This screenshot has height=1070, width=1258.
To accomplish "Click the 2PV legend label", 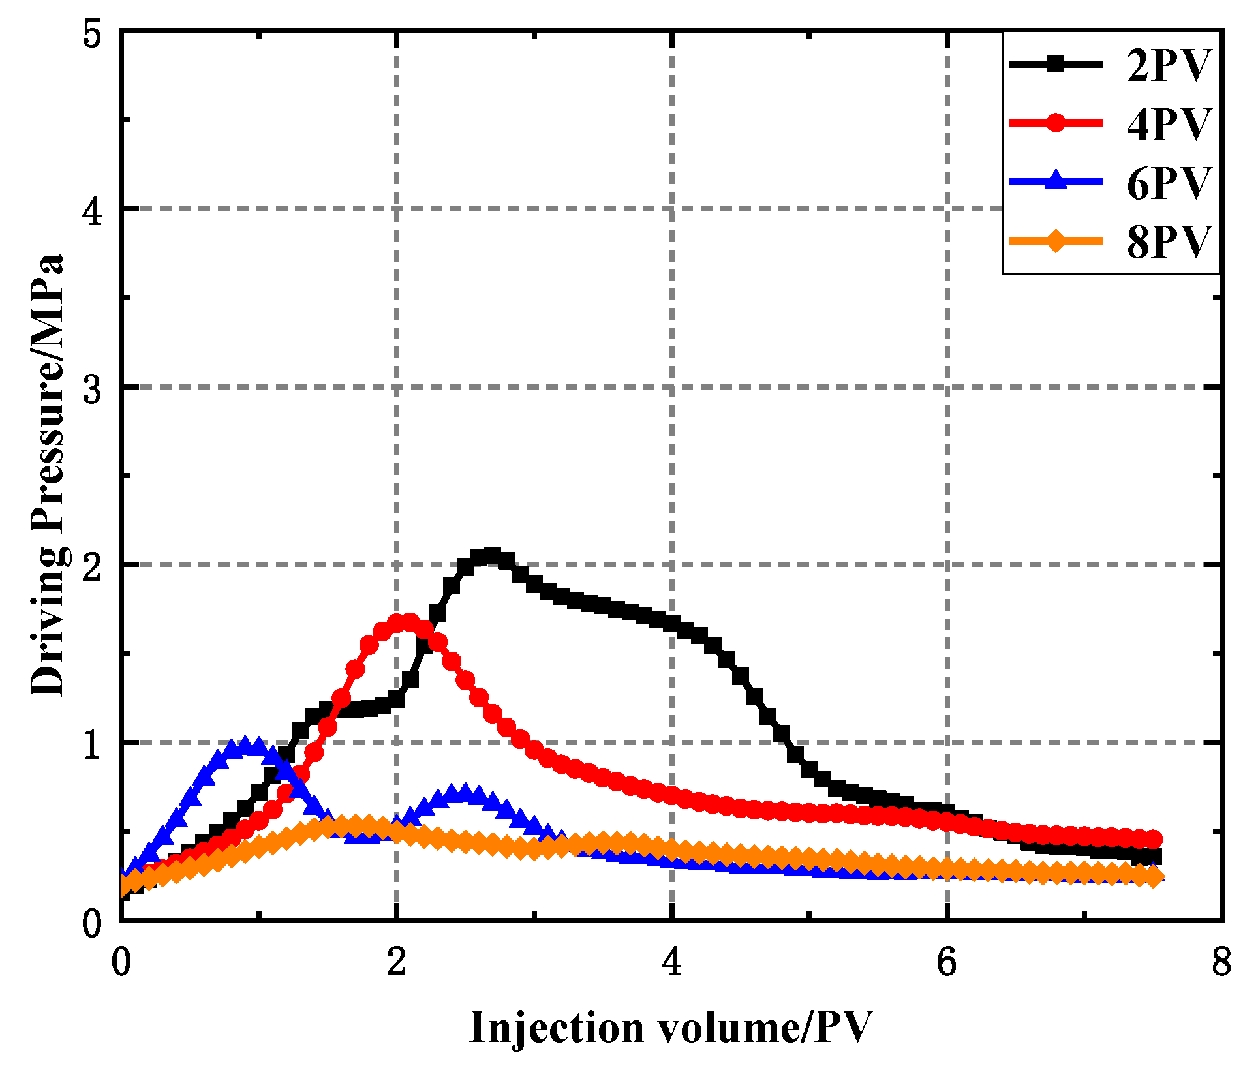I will [1168, 65].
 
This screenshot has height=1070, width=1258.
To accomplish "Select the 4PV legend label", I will [1168, 123].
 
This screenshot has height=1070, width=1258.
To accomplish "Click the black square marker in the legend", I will [1056, 64].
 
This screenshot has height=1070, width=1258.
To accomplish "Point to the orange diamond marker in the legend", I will [1056, 241].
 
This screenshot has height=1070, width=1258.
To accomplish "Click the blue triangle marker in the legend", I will [1056, 180].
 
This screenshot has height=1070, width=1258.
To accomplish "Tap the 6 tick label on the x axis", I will [947, 962].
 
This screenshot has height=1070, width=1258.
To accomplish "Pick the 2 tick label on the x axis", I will [396, 962].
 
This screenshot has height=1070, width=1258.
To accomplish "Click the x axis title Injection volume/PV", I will [671, 1028].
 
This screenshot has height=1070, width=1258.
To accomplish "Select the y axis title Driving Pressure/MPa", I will [48, 475].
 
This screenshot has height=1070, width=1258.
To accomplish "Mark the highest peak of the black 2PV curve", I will [492, 557].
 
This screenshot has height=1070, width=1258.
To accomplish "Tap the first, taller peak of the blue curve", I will [245, 746].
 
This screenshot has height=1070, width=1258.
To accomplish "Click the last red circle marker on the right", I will [1154, 839].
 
